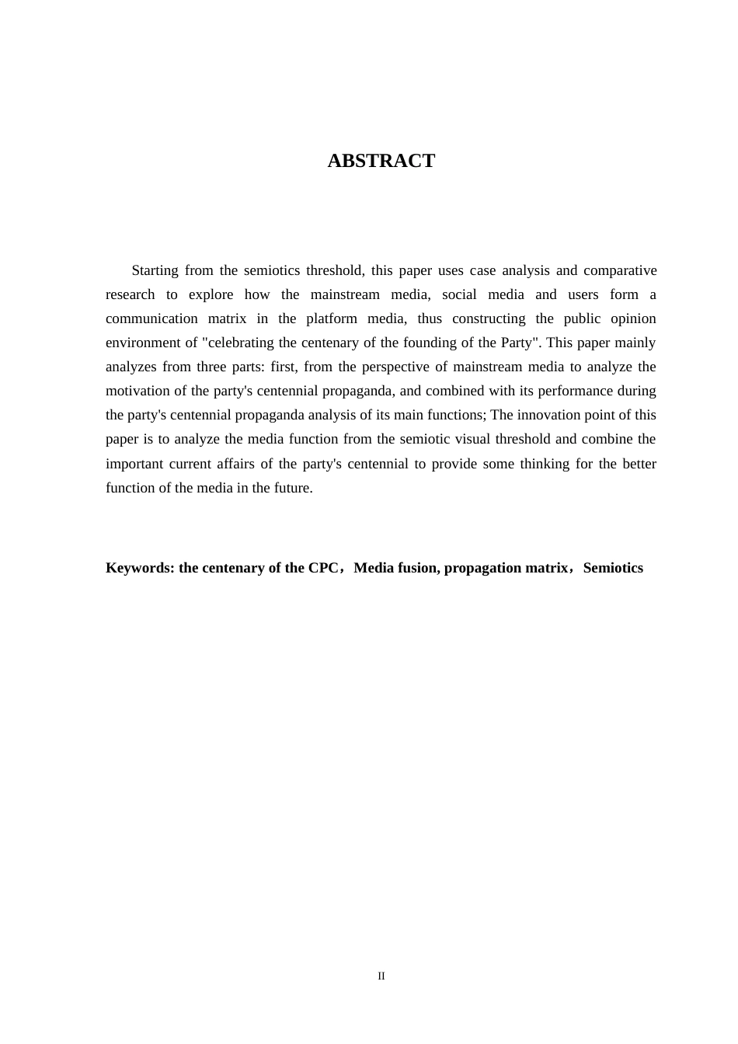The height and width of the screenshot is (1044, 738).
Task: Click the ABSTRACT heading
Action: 381,161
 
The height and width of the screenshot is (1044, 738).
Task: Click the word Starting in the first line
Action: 155,270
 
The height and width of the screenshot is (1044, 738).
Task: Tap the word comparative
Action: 620,270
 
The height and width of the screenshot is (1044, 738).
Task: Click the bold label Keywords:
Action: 141,568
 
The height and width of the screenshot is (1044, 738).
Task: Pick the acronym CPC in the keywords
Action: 322,568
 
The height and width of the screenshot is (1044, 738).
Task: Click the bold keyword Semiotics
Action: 613,568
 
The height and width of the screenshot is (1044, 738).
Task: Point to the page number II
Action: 381,976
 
